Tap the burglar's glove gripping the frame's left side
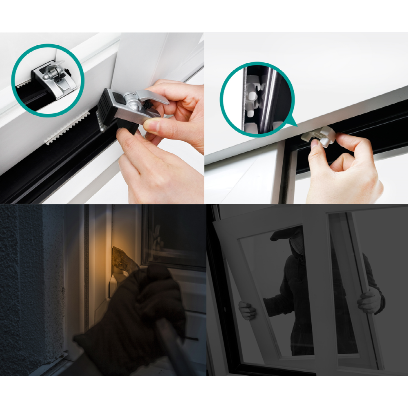tap(247, 310)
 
